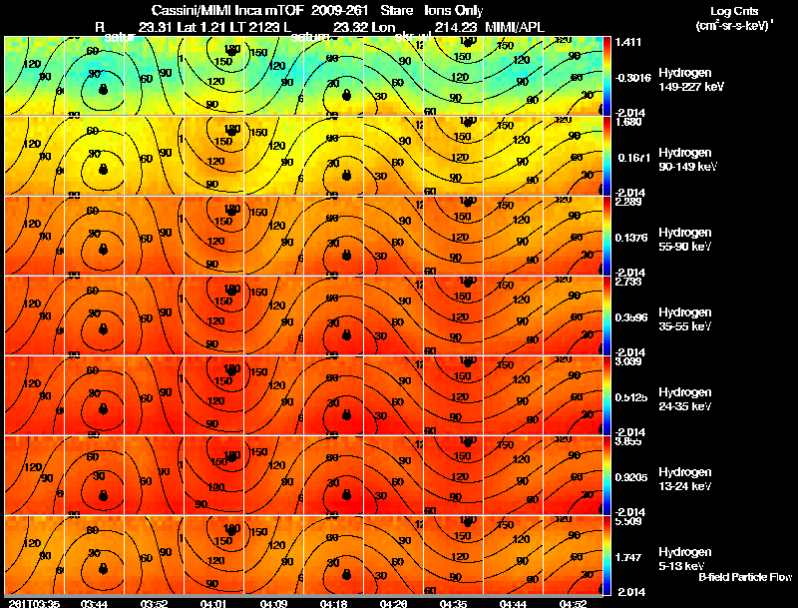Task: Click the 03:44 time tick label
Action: point(94,603)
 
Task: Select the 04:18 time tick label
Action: point(333,603)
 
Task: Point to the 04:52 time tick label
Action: point(573,603)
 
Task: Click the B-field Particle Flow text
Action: point(744,577)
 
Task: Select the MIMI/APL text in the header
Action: point(515,26)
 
